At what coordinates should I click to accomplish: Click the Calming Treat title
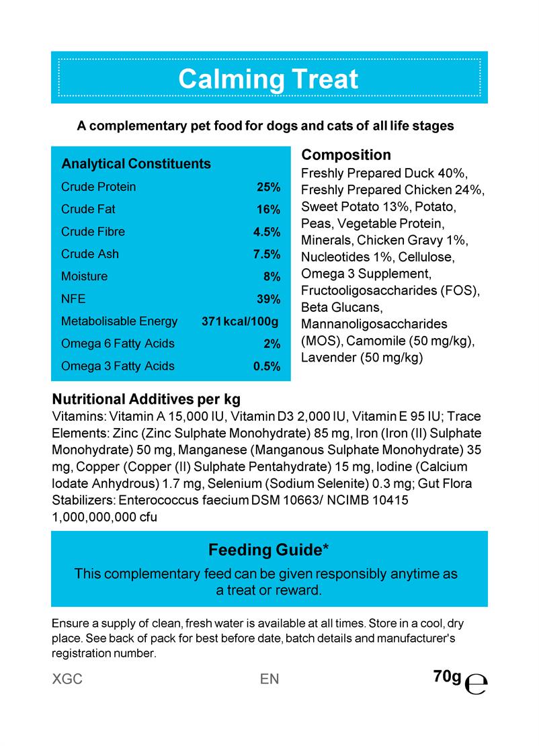click(268, 79)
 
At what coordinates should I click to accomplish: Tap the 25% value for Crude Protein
click(268, 187)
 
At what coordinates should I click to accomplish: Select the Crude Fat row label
click(88, 209)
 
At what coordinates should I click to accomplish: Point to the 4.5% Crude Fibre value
click(266, 232)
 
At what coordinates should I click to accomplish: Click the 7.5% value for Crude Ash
click(266, 254)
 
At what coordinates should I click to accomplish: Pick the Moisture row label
click(84, 276)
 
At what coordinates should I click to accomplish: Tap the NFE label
click(73, 298)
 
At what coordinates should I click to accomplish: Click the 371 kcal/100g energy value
click(240, 321)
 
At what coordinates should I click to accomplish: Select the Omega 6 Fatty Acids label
click(118, 343)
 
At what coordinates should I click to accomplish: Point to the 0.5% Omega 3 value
click(266, 366)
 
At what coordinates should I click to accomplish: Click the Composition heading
click(345, 155)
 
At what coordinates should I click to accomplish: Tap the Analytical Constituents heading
click(136, 164)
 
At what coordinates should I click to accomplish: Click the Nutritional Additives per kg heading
click(146, 399)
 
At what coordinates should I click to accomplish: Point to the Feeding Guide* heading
click(268, 550)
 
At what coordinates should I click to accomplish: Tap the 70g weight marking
click(447, 676)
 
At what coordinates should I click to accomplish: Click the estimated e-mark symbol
click(476, 683)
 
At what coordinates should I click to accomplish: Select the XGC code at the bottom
click(67, 679)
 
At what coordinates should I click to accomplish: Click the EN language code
click(269, 679)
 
